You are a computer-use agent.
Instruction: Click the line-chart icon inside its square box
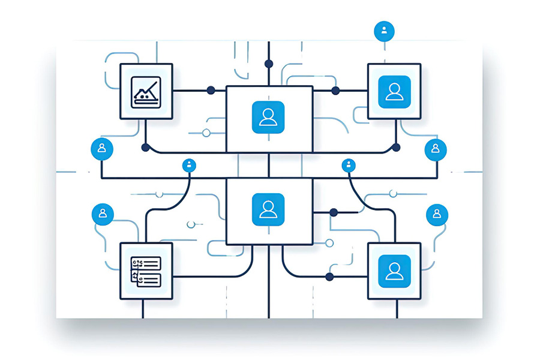(x=146, y=92)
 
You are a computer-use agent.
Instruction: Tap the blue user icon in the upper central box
(x=268, y=117)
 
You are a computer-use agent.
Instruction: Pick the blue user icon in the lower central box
(x=268, y=209)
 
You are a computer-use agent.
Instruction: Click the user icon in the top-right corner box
(x=394, y=92)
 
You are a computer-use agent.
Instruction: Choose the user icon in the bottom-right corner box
(x=394, y=271)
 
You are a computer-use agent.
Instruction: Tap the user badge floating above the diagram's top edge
(x=383, y=30)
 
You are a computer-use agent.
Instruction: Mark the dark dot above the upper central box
(x=269, y=64)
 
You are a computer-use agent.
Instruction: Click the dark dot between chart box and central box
(x=211, y=91)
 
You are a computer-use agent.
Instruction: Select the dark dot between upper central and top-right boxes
(x=335, y=91)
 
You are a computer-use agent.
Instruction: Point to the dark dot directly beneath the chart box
(x=145, y=147)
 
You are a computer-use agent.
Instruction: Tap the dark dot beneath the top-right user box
(x=395, y=147)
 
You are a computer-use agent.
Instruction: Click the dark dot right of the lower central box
(x=334, y=212)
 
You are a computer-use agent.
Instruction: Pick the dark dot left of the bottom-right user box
(x=329, y=277)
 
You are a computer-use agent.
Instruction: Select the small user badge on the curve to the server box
(x=190, y=165)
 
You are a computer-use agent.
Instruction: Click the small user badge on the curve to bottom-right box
(x=349, y=165)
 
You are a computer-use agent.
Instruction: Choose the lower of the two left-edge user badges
(x=103, y=214)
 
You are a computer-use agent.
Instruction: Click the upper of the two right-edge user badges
(x=435, y=149)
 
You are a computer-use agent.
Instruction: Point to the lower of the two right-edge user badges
(x=436, y=214)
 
